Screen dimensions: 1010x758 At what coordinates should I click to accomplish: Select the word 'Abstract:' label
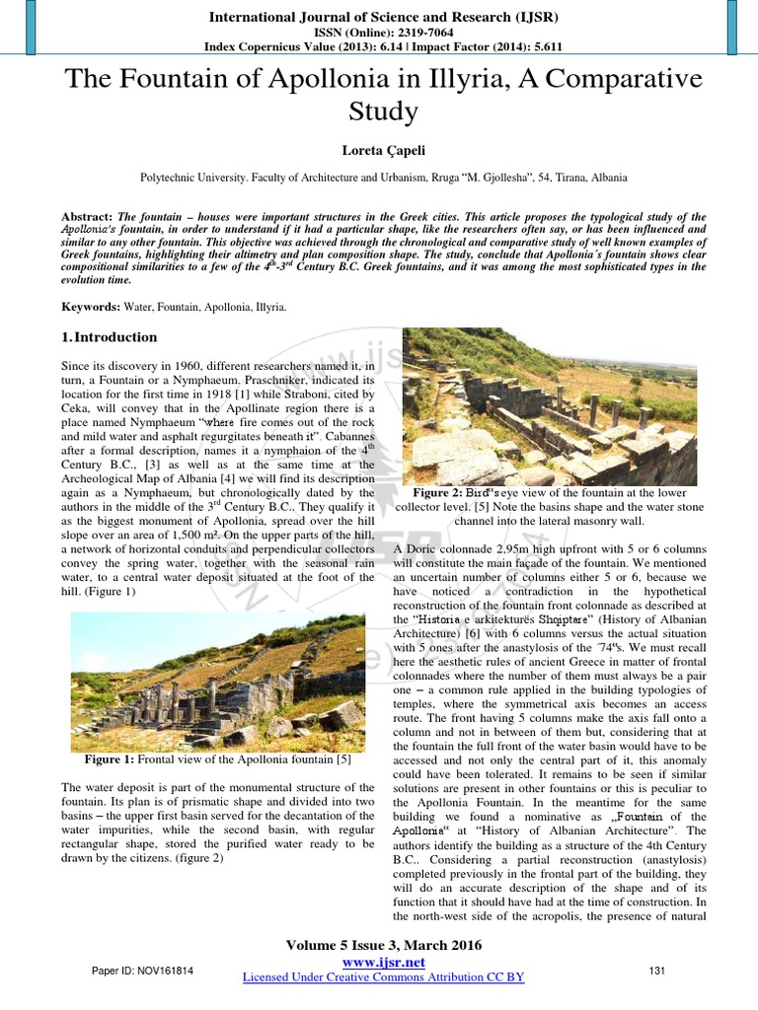tap(86, 216)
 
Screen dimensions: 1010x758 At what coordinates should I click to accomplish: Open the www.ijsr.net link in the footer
tap(383, 962)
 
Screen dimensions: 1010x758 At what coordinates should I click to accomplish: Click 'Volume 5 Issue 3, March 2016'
tap(383, 945)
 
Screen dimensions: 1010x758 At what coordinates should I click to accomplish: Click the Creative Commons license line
tap(383, 976)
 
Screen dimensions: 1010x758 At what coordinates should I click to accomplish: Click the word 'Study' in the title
tap(378, 111)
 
